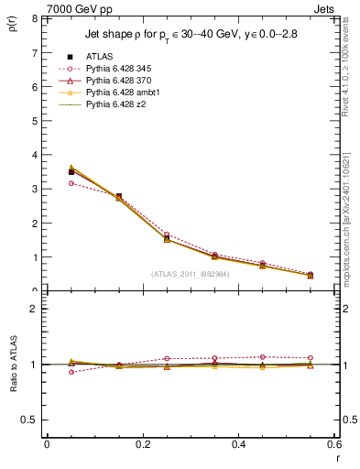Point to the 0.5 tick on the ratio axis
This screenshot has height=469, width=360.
29,420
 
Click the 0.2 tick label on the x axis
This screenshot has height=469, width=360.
142,444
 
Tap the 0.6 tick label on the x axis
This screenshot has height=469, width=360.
333,444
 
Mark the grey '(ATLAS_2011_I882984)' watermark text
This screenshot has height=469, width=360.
190,274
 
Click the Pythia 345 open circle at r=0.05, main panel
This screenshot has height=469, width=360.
71,183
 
